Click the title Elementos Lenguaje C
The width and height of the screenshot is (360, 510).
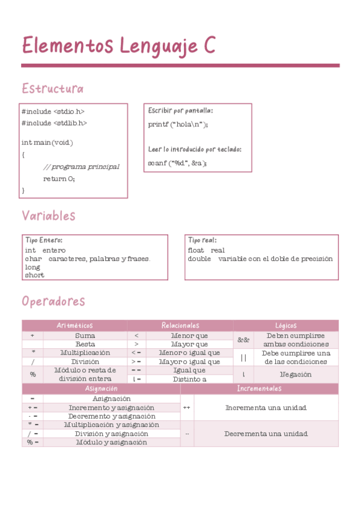(118, 46)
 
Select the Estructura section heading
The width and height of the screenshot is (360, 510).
(52, 89)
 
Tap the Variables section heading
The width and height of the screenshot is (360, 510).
(49, 215)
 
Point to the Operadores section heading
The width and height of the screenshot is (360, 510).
(53, 301)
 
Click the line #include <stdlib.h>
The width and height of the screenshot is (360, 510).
(54, 123)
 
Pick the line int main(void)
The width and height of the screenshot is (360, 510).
(47, 143)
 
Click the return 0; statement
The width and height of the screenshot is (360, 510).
(59, 179)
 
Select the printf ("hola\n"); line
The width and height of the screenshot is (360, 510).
(178, 124)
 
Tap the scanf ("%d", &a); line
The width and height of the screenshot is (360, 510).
(177, 163)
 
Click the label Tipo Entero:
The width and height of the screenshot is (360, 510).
(43, 240)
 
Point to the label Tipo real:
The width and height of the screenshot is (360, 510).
(202, 240)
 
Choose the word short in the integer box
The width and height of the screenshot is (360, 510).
(34, 275)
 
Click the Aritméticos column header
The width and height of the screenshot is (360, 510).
(75, 325)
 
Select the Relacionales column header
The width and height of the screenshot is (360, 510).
(180, 325)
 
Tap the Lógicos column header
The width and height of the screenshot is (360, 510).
(286, 325)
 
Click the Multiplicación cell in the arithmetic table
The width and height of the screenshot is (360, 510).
(85, 352)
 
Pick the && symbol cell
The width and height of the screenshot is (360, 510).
(243, 340)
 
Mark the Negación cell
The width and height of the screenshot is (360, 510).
(296, 374)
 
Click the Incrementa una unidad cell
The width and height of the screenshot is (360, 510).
(266, 407)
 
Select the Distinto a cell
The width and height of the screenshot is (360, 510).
(189, 379)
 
